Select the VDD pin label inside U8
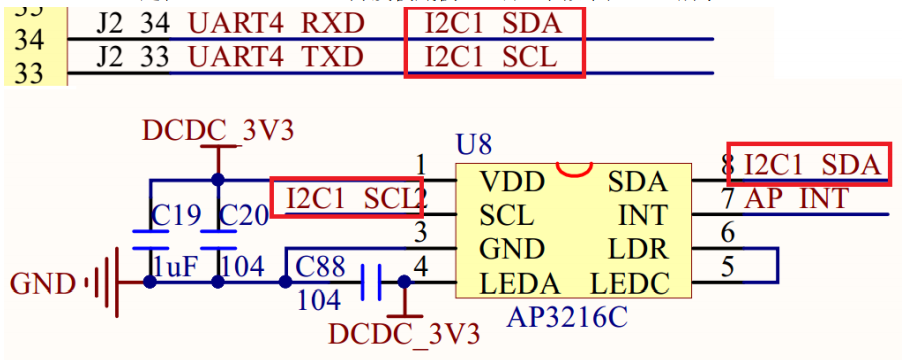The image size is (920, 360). click(x=512, y=182)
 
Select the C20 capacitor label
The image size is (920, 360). click(x=243, y=214)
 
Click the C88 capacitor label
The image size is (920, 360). click(x=322, y=266)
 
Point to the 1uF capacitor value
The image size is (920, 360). click(x=176, y=267)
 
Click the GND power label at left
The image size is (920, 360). click(x=43, y=283)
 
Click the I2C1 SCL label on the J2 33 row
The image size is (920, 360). click(x=490, y=57)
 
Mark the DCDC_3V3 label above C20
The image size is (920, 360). click(x=218, y=130)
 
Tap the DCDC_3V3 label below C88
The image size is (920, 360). click(x=404, y=332)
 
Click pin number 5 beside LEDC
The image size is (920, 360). click(x=727, y=267)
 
